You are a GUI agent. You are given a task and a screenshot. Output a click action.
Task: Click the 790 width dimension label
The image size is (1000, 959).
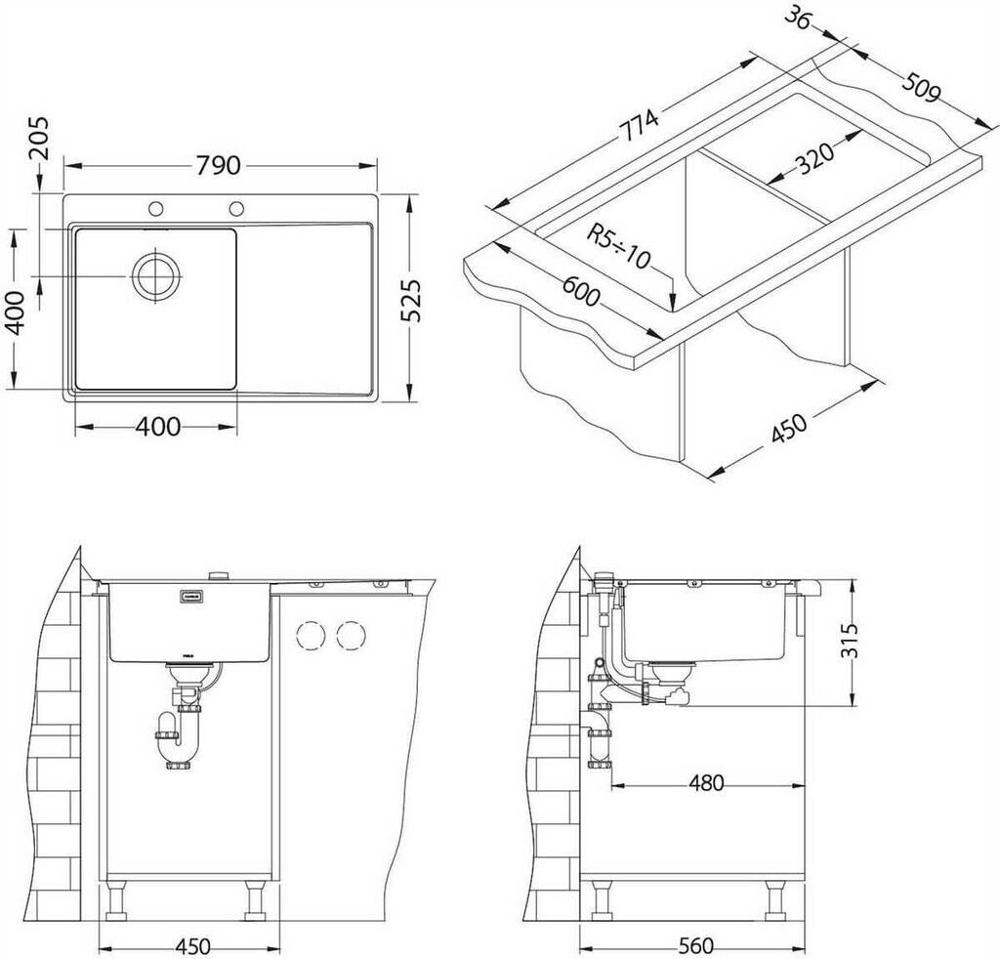click(218, 166)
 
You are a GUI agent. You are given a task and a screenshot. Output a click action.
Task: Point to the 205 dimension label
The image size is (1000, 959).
click(39, 137)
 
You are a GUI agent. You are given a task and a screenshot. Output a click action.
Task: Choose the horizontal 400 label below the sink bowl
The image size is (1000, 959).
click(157, 427)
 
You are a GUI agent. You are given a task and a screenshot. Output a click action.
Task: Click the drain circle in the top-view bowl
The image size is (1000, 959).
click(157, 275)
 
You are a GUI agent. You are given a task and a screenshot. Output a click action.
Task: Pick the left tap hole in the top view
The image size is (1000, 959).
click(155, 208)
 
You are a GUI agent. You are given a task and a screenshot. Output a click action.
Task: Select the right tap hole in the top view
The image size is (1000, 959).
click(236, 208)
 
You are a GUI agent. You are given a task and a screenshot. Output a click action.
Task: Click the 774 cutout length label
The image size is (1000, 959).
click(640, 125)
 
